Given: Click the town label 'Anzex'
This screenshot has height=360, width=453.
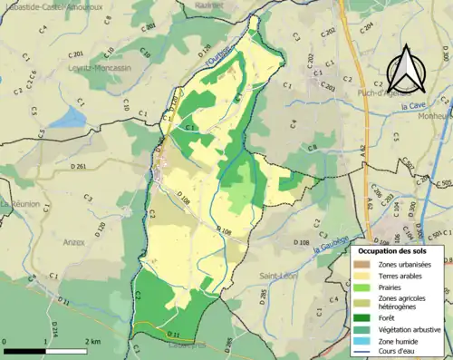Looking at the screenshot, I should coord(74,242).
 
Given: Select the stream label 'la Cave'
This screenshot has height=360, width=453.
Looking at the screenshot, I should coord(417,105).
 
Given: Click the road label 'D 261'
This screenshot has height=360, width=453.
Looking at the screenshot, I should coord(79,167).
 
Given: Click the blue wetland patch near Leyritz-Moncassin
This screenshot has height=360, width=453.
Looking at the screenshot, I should coord(65,117).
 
